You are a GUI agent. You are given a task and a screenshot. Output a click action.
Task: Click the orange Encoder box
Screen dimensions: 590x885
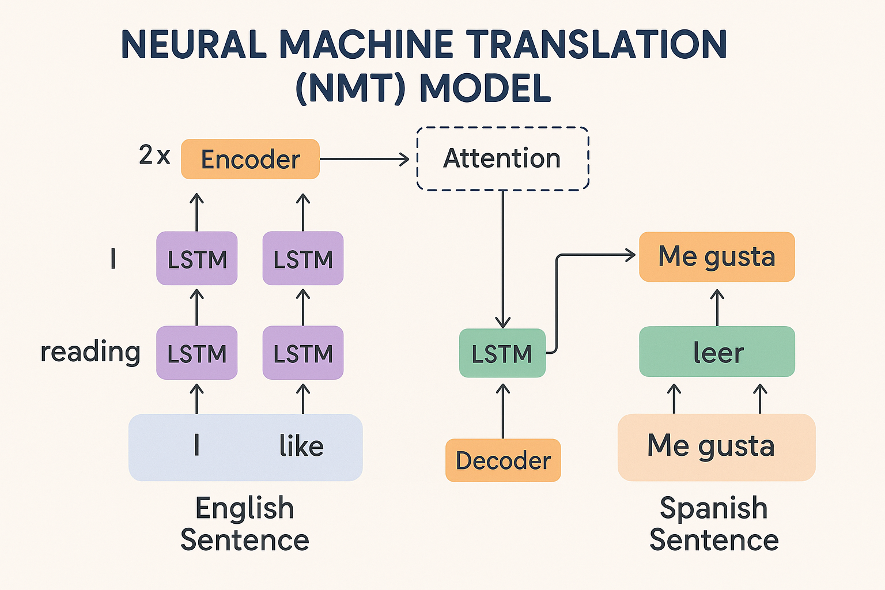(x=250, y=159)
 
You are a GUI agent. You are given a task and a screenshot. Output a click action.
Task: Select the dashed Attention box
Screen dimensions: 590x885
(x=502, y=158)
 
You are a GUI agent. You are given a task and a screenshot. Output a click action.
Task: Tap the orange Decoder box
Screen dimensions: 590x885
(x=503, y=460)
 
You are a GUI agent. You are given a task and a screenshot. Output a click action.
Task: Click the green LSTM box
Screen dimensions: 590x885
(x=502, y=353)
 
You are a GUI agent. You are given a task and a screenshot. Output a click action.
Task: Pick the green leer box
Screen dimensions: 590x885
(x=717, y=351)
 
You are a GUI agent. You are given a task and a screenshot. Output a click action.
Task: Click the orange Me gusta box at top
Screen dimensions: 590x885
(x=717, y=256)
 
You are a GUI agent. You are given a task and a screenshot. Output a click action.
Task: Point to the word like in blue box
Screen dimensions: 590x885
(x=301, y=447)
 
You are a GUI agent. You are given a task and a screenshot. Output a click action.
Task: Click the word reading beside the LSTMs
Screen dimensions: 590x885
(x=90, y=351)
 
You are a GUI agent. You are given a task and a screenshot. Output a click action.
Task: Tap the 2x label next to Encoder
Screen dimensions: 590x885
(x=154, y=155)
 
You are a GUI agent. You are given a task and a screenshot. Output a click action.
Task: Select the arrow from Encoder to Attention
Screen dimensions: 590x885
(x=363, y=159)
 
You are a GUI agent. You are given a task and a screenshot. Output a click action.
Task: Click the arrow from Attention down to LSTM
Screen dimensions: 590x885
(x=503, y=259)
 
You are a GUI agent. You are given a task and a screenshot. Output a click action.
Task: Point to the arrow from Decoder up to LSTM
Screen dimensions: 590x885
(x=503, y=410)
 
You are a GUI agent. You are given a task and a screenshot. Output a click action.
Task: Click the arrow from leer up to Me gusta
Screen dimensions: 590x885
(x=717, y=307)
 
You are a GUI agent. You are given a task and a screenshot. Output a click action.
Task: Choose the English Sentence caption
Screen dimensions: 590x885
(x=245, y=524)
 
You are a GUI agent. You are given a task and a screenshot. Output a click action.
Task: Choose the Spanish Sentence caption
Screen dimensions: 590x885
(x=714, y=524)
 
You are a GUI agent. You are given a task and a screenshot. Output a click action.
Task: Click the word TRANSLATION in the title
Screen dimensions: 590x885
(x=596, y=45)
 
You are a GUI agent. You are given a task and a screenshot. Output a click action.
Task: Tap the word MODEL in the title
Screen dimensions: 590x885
(x=485, y=88)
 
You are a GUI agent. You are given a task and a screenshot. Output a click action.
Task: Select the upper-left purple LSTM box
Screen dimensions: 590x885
(x=197, y=259)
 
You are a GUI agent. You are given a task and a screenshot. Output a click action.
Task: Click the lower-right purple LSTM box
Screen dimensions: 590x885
(x=303, y=353)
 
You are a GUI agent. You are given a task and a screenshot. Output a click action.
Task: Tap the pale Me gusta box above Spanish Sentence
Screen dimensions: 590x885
(x=716, y=447)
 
